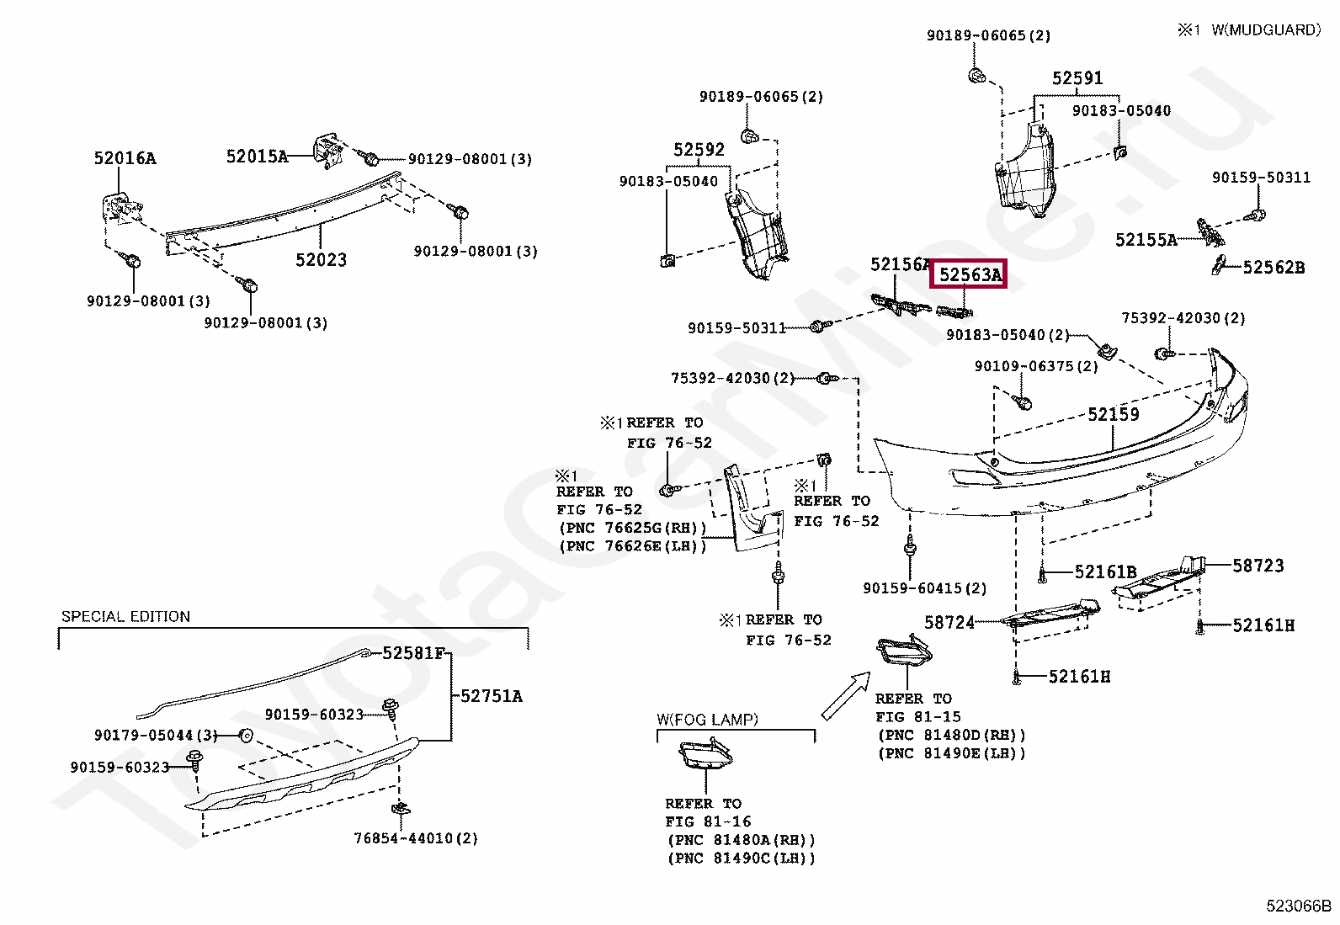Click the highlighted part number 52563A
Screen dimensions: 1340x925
click(x=970, y=274)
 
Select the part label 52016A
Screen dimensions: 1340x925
click(x=125, y=158)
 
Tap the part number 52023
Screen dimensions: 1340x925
click(x=322, y=260)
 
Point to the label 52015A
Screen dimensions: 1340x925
click(x=257, y=157)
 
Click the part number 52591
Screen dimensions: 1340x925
click(x=1077, y=77)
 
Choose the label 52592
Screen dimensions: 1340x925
click(x=699, y=149)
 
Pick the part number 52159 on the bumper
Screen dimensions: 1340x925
click(x=1114, y=414)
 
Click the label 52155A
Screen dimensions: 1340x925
click(x=1146, y=240)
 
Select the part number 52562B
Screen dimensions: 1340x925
click(x=1274, y=267)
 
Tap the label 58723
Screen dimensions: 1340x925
click(x=1258, y=566)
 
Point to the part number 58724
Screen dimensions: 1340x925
click(x=949, y=622)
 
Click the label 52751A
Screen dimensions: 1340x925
click(x=491, y=696)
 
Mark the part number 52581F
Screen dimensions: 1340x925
click(x=413, y=653)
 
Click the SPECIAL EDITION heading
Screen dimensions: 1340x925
click(x=125, y=616)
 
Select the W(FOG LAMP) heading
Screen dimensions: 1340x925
click(x=707, y=719)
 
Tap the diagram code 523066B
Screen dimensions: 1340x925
click(x=1298, y=906)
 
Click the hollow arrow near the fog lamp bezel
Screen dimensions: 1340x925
click(x=845, y=695)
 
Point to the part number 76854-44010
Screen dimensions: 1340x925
click(x=403, y=838)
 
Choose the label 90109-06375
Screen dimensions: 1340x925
click(x=1024, y=366)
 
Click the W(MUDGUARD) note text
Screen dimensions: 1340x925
click(x=1266, y=30)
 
